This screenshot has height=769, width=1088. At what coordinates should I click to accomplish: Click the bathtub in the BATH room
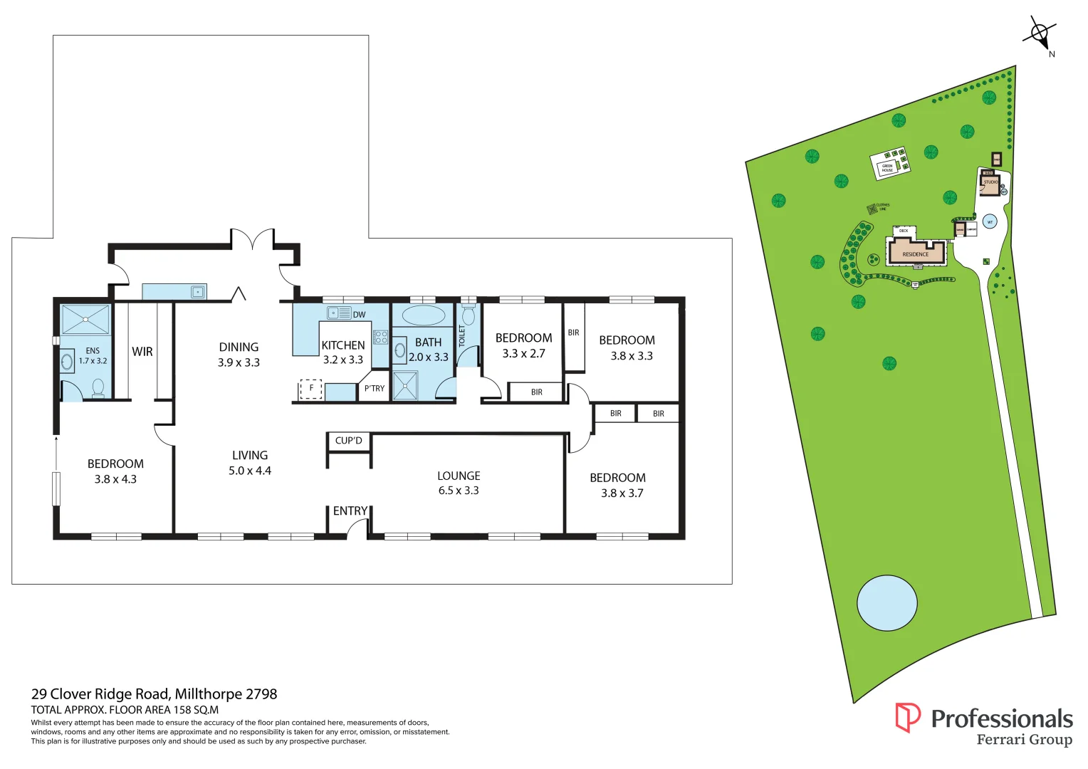(x=423, y=315)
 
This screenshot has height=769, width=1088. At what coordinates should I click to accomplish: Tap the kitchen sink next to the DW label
(x=339, y=313)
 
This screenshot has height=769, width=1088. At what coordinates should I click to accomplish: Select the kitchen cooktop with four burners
(x=381, y=338)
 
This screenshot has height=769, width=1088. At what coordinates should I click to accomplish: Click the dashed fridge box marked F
(x=311, y=389)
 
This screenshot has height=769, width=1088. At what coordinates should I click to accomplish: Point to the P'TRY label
(x=374, y=389)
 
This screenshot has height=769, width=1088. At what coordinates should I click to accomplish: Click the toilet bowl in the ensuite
(x=98, y=387)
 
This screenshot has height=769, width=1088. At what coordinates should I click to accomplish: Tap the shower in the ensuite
(x=85, y=320)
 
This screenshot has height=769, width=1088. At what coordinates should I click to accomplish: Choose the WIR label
(x=142, y=352)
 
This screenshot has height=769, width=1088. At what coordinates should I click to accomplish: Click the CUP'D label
(x=349, y=441)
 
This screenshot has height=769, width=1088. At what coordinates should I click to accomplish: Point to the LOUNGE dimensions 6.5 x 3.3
(x=459, y=491)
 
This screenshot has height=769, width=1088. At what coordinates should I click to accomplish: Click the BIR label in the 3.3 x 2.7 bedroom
(x=537, y=392)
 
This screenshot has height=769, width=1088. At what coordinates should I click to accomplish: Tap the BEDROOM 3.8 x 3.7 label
(x=618, y=485)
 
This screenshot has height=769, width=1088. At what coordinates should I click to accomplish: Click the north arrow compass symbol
(x=1040, y=33)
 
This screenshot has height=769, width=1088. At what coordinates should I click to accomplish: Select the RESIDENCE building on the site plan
(x=916, y=253)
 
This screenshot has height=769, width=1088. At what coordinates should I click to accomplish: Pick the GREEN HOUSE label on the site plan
(x=887, y=168)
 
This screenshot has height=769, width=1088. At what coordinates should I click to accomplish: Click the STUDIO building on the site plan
(x=990, y=184)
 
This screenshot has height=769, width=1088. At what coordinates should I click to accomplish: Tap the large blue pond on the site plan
(x=886, y=603)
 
